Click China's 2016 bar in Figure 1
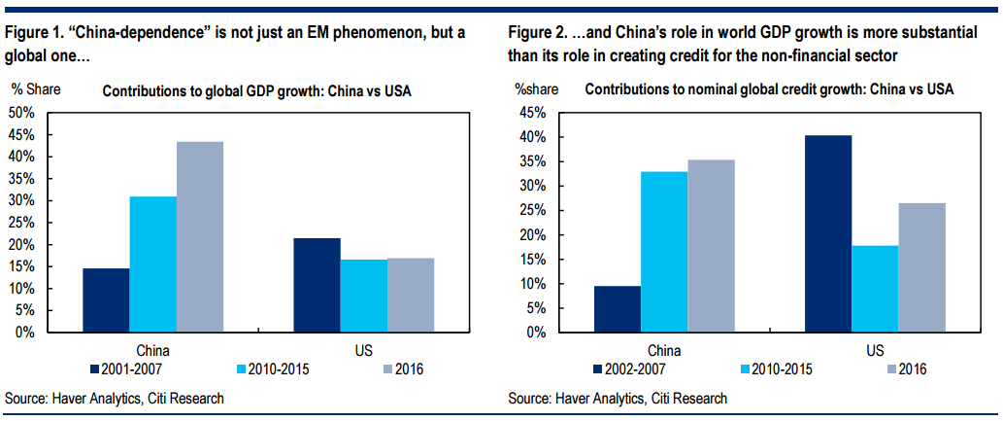click(200, 237)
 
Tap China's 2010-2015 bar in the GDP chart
click(153, 264)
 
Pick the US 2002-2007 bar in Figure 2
click(828, 233)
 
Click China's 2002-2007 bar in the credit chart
click(617, 309)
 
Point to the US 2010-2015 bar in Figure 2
click(875, 289)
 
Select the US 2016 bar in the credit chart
click(921, 267)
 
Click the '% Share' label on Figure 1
click(36, 89)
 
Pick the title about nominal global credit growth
click(769, 89)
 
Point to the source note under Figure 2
click(618, 399)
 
